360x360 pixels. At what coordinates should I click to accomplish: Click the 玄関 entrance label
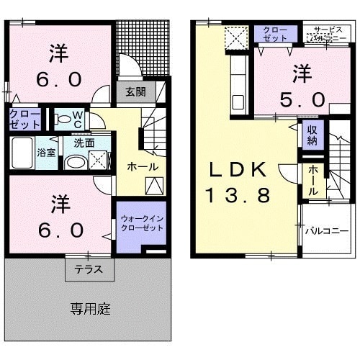[134, 91]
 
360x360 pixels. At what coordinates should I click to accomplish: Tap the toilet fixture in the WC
[62, 118]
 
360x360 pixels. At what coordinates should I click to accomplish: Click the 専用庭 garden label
[90, 310]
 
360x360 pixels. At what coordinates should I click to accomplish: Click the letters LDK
[238, 170]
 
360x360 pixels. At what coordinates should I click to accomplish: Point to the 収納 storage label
[312, 135]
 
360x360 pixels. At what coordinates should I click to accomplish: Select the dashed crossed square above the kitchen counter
[235, 37]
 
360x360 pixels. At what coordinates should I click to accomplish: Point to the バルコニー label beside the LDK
[326, 231]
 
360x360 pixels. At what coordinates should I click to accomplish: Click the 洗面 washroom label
[84, 143]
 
